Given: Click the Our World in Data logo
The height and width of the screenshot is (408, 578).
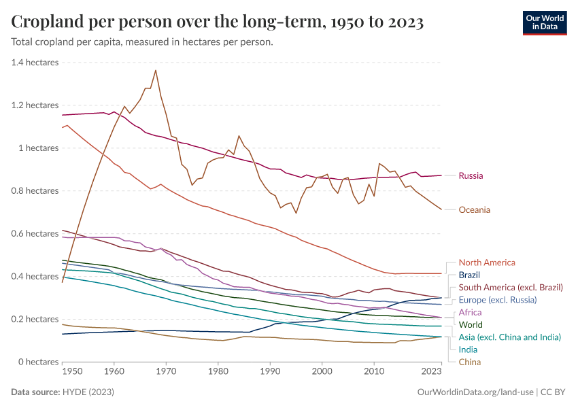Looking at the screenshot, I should click(544, 22).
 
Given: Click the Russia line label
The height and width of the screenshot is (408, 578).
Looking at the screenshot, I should click(471, 175).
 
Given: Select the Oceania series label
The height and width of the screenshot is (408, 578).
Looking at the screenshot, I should click(474, 209).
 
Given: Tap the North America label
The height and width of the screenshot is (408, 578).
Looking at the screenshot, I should click(487, 262).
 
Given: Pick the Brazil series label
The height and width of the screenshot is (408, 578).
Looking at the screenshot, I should click(469, 275).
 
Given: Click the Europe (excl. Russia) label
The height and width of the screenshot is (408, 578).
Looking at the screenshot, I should click(498, 299).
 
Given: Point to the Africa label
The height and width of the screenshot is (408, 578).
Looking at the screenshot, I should click(470, 312).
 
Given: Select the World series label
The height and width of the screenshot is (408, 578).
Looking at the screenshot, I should click(471, 324).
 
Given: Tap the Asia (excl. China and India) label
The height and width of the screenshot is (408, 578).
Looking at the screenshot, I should click(509, 337).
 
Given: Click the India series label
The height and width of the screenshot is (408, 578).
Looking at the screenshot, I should click(469, 349).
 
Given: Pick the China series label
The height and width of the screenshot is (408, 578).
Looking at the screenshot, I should click(470, 362).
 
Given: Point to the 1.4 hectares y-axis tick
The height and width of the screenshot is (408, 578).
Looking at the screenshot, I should click(35, 63).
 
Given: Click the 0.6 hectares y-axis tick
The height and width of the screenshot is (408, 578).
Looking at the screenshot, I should click(35, 234).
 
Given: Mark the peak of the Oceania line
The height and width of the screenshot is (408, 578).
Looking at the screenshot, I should click(156, 70).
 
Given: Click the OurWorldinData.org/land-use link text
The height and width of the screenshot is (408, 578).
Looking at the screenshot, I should click(474, 392).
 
